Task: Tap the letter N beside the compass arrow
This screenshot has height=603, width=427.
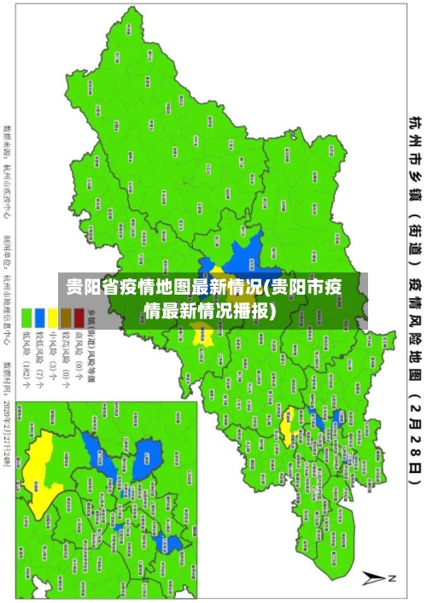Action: [393, 578]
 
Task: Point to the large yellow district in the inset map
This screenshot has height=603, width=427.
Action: [43, 465]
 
